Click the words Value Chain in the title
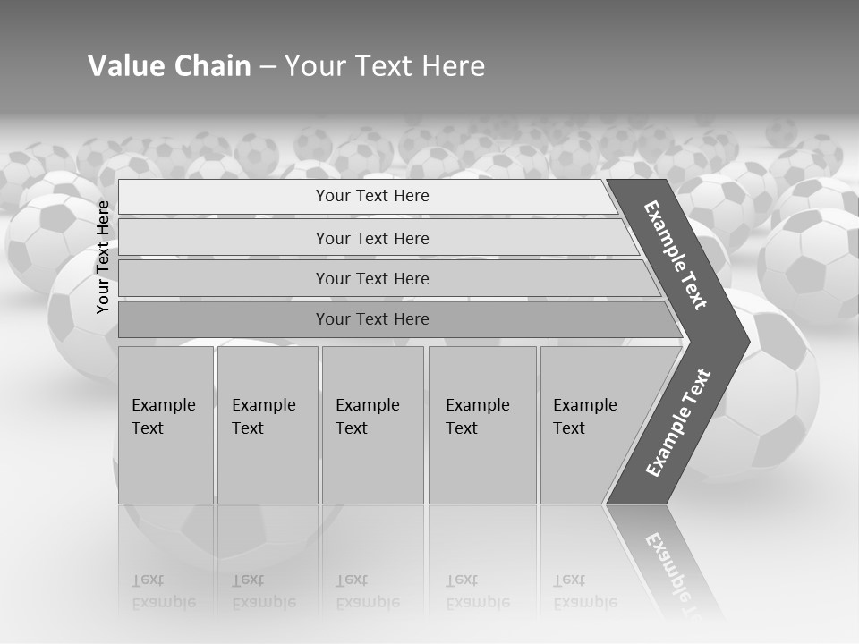169,66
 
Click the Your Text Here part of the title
385,66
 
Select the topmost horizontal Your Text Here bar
372,196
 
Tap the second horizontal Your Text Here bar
372,238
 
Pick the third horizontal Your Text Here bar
372,278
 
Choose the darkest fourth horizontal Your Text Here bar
372,319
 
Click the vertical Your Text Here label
104,257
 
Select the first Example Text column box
166,425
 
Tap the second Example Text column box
267,425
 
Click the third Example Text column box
371,425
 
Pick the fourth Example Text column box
481,425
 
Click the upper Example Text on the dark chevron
676,255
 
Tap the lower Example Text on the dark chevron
678,423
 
